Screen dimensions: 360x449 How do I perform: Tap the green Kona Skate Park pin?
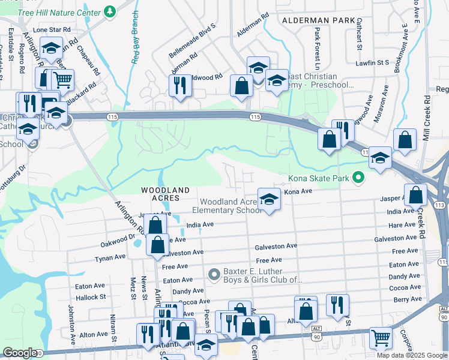[358, 178]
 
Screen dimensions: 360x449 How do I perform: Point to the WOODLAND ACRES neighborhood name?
[165, 190]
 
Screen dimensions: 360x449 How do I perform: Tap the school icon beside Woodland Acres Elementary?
[270, 200]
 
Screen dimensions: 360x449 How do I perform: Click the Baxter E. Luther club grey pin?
[214, 274]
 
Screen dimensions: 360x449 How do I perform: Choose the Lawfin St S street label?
[372, 62]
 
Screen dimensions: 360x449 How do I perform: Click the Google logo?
[19, 353]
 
